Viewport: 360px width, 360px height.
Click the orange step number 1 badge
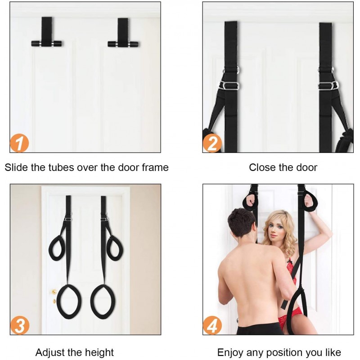(19, 143)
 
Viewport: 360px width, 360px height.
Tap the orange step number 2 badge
(212, 143)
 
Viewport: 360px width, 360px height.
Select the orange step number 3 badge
(20, 325)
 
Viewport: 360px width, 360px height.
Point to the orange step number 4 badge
(212, 325)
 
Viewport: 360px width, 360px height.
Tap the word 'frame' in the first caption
(155, 167)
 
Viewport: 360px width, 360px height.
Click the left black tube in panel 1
(46, 43)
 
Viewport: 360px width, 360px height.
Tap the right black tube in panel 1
(123, 44)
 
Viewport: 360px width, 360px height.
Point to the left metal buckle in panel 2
(229, 85)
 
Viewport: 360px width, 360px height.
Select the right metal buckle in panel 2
(328, 85)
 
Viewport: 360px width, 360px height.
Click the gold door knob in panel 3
(54, 292)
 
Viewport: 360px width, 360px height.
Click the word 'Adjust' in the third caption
(49, 352)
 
